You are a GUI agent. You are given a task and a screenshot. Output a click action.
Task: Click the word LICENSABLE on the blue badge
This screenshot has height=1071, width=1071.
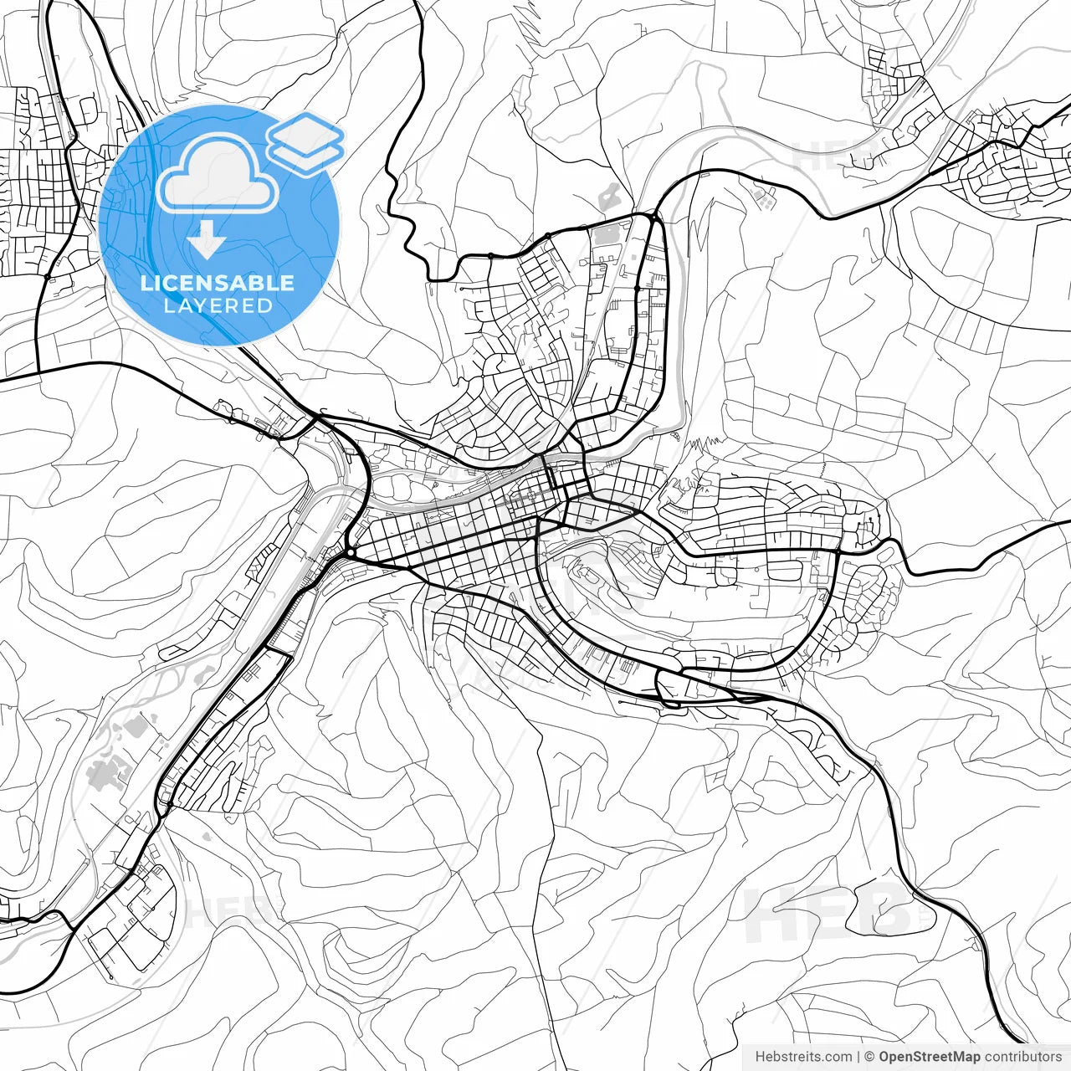tap(218, 283)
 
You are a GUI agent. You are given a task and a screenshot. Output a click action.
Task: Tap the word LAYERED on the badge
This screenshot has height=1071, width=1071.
tap(218, 306)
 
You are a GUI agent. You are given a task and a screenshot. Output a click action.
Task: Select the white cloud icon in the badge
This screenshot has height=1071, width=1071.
tap(218, 176)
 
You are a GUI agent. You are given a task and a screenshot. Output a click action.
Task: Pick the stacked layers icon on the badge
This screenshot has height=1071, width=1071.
tap(305, 143)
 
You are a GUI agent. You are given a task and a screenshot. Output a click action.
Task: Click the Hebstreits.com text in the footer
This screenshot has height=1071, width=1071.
tap(803, 1057)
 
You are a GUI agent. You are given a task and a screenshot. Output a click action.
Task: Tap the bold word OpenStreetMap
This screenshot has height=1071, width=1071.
tap(929, 1057)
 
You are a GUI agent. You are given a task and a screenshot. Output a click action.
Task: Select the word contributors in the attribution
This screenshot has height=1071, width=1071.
tap(1022, 1057)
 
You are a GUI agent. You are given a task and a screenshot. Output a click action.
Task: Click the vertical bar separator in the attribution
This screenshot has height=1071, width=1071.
tap(858, 1057)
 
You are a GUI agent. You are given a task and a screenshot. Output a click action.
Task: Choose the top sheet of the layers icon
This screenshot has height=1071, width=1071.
tap(305, 132)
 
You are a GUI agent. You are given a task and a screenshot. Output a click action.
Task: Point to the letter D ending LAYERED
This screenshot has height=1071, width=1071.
tap(265, 306)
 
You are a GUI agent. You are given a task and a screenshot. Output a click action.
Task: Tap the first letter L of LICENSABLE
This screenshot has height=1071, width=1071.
tap(146, 283)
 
